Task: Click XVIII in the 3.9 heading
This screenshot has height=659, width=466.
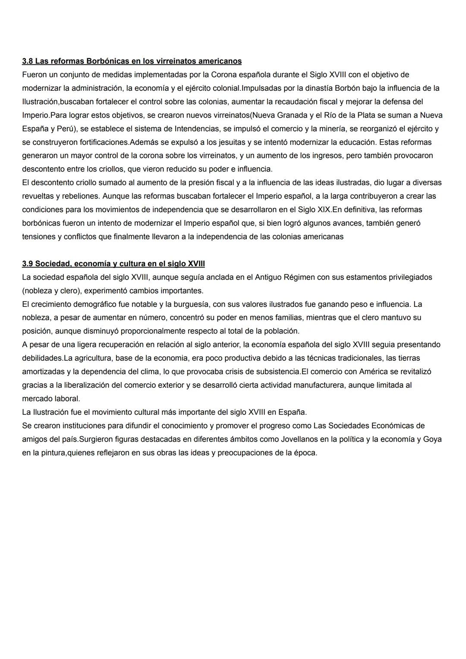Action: tap(196, 264)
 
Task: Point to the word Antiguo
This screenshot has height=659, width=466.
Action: tap(268, 277)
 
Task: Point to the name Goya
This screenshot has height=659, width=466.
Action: tap(432, 439)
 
